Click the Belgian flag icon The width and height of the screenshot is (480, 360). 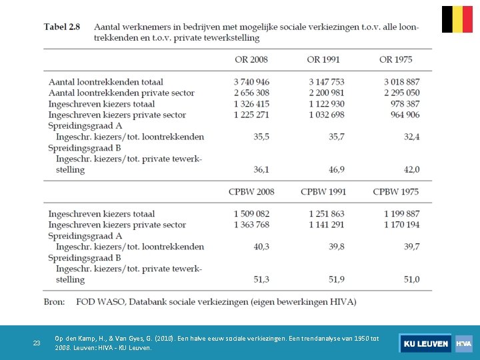tap(457, 19)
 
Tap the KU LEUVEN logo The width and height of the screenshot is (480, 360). tap(425, 343)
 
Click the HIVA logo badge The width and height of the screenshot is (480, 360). tap(463, 343)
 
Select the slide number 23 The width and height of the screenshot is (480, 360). tap(37, 343)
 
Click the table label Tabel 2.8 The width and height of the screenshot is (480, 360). tap(62, 27)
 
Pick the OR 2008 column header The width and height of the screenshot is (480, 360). tap(251, 59)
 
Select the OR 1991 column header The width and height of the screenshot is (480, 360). tap(323, 59)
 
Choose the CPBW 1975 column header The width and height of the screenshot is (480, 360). tap(396, 191)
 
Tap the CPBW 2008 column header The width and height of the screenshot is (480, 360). tap(251, 191)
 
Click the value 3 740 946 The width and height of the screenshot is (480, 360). tap(251, 82)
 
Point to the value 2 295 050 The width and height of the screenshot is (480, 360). tap(402, 93)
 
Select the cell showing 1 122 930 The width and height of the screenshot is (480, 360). tap(327, 104)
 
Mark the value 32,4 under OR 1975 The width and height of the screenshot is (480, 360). tap(411, 137)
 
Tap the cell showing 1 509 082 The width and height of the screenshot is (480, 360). tap(251, 214)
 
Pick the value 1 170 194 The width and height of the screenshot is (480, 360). tap(402, 225)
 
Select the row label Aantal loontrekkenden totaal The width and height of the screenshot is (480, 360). tap(105, 82)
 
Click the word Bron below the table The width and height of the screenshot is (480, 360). tap(55, 301)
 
